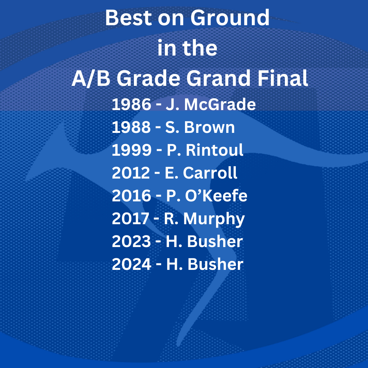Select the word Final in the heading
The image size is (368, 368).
point(282,78)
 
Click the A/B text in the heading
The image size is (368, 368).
point(91,78)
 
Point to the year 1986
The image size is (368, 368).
point(132,104)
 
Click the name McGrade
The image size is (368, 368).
point(220,104)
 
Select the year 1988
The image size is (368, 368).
point(131,127)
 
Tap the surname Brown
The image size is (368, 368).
point(209,127)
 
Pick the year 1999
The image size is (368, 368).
point(132,150)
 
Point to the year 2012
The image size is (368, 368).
point(131,173)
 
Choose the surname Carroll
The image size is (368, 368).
point(210,173)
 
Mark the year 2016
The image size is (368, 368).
point(132,196)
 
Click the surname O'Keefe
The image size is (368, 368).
point(216,196)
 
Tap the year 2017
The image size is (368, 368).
point(131,218)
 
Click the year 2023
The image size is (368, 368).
point(131,242)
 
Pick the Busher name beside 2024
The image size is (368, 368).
point(215,264)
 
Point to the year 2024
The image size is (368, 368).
point(132,264)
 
